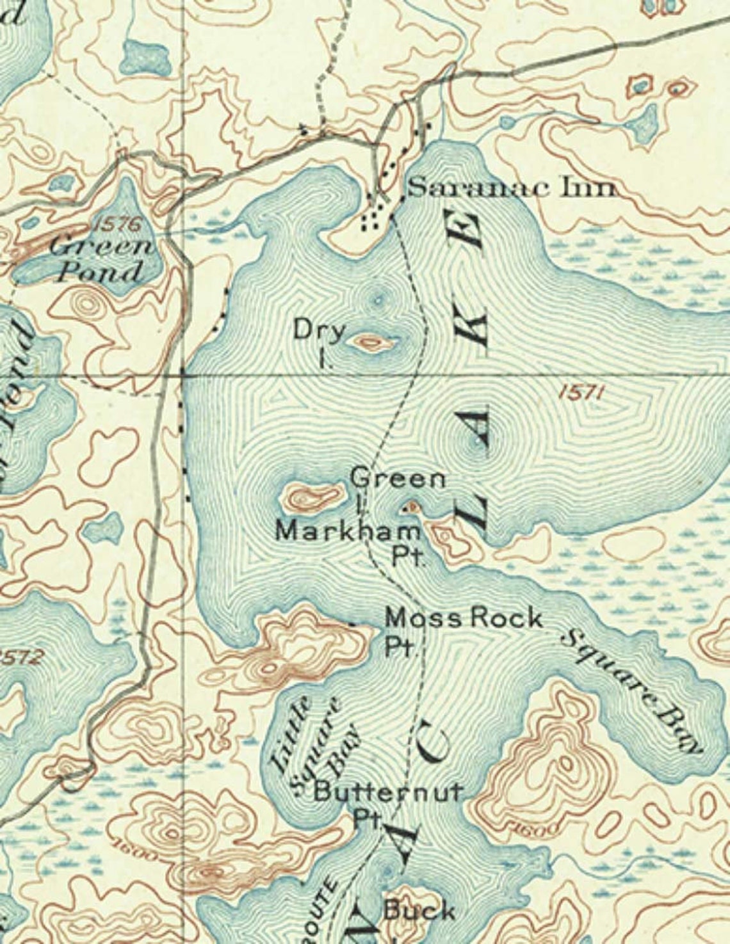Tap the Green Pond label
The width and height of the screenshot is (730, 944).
pos(102,260)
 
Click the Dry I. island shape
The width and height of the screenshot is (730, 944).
pos(371,342)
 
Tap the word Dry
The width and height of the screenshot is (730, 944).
pos(320,331)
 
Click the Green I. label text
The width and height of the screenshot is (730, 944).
pos(397,479)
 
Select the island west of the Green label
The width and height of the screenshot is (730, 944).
pos(312,495)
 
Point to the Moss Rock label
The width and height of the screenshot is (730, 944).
pos(464,618)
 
